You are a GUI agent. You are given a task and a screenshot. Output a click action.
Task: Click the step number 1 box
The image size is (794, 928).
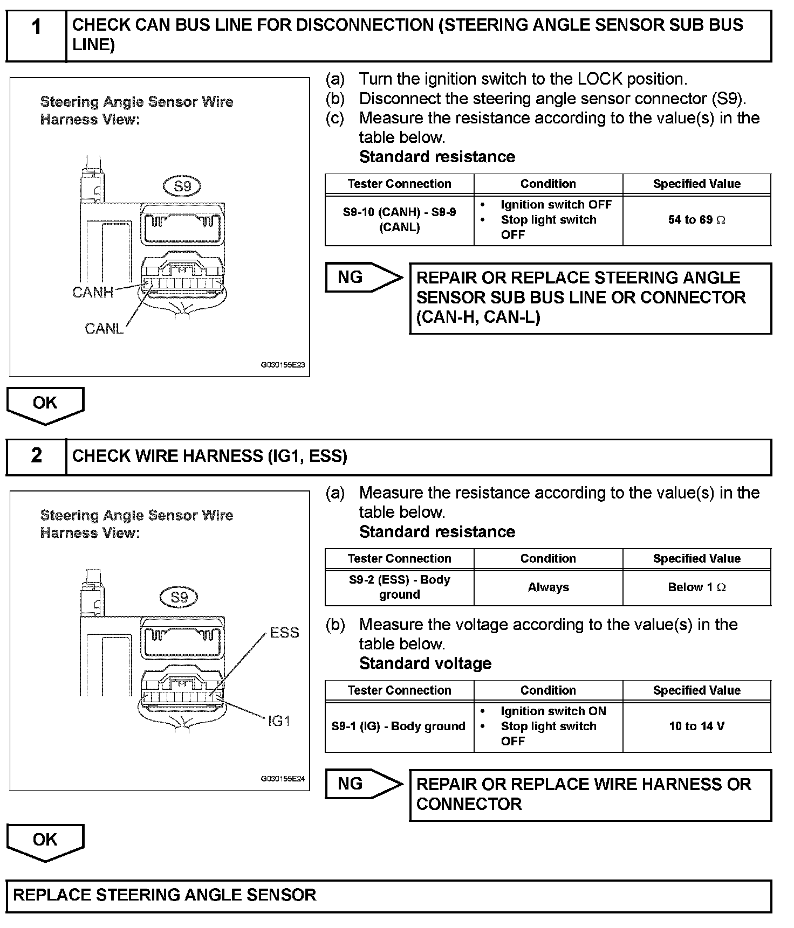[36, 35]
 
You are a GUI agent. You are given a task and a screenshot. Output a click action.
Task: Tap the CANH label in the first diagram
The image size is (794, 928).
[93, 292]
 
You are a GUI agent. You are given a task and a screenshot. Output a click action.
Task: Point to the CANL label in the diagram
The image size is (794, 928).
[104, 328]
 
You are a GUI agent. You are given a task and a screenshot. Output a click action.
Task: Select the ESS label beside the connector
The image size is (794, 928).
[284, 632]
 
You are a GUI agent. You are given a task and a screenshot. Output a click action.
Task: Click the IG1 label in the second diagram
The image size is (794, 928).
[279, 721]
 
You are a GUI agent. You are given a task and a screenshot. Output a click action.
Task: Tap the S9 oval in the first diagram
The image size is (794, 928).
[182, 186]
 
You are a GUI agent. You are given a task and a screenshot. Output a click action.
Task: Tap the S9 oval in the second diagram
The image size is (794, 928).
[180, 597]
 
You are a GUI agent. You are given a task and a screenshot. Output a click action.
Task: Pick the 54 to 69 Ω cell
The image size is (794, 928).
[696, 220]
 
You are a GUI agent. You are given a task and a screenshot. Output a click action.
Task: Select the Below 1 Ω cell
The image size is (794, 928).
[696, 587]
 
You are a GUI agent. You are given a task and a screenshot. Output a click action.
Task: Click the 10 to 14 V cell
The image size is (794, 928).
[696, 726]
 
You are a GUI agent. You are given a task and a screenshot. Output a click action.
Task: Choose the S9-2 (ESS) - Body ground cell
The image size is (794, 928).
[399, 587]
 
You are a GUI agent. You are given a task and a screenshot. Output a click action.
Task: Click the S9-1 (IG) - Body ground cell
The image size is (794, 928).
[399, 726]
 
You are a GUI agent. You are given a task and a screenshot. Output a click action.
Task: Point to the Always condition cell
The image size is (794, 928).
[548, 587]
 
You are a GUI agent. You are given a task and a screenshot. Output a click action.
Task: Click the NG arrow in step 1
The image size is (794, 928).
[362, 278]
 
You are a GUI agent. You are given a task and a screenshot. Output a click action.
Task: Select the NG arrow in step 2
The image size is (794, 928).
[362, 784]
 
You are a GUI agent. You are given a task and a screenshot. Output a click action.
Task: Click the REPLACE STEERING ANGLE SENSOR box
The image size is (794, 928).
[388, 895]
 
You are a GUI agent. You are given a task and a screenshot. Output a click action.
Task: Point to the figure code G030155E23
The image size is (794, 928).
[283, 365]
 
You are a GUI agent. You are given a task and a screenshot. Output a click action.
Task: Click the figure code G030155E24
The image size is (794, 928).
[283, 779]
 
